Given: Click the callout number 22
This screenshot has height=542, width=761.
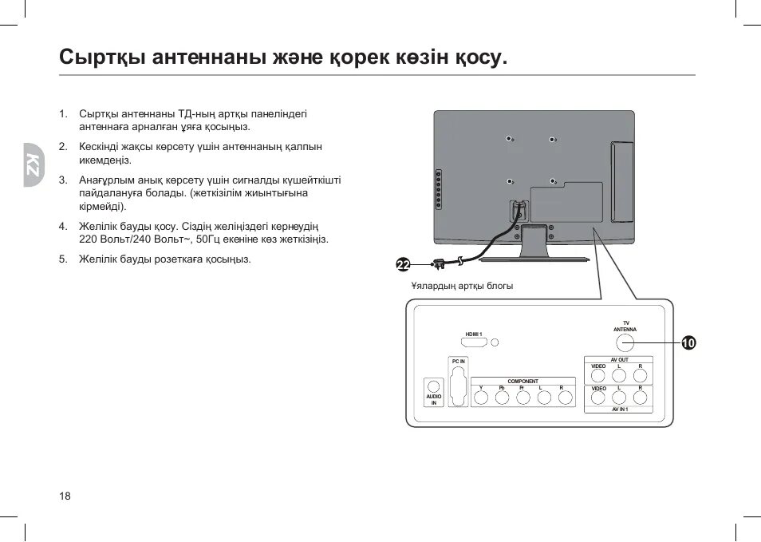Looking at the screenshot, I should tap(403, 265).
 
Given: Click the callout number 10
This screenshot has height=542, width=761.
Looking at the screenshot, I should tap(688, 343).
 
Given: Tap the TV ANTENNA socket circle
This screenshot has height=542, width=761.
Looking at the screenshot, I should tap(625, 342).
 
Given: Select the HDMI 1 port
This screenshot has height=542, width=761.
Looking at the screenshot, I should tap(475, 342).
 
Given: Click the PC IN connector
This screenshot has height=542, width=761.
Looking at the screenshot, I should tap(458, 386).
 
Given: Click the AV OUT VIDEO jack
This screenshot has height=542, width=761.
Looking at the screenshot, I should tap(598, 374).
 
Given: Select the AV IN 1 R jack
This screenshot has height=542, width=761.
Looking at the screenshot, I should tap(640, 396).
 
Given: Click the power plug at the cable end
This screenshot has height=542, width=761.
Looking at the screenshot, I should tap(437, 263).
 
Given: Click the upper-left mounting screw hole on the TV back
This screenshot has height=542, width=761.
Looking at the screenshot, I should tap(510, 140).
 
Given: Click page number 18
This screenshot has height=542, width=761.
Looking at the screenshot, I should tap(65, 497).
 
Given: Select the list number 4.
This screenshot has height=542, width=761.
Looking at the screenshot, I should tap(62, 226).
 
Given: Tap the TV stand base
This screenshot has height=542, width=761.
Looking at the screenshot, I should tap(534, 257).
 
